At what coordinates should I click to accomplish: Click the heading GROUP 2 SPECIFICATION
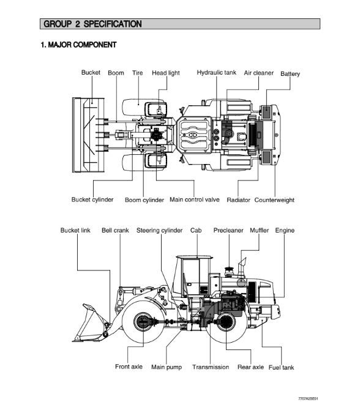click(x=92, y=24)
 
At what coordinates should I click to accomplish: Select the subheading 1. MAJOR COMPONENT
click(x=78, y=45)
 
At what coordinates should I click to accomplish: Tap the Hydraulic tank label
click(x=216, y=72)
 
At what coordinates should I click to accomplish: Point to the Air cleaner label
click(x=258, y=73)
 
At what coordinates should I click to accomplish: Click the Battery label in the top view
click(x=290, y=74)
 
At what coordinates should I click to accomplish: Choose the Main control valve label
click(x=195, y=199)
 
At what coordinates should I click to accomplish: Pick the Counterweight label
click(x=274, y=200)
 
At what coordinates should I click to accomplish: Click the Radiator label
click(x=238, y=200)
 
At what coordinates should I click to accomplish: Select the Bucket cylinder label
click(x=92, y=199)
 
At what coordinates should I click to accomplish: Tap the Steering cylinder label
click(x=159, y=230)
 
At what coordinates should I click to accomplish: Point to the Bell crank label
click(x=115, y=230)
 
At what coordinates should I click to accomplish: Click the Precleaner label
click(x=228, y=230)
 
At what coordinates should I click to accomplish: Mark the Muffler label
click(x=259, y=230)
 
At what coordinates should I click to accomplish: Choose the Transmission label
click(x=211, y=367)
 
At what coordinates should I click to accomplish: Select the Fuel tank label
click(x=281, y=368)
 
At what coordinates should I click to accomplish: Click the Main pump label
click(x=167, y=367)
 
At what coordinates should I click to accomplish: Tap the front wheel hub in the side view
click(x=143, y=322)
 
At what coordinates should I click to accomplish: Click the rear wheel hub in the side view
click(x=225, y=321)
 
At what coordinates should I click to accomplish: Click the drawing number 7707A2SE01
click(x=308, y=399)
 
